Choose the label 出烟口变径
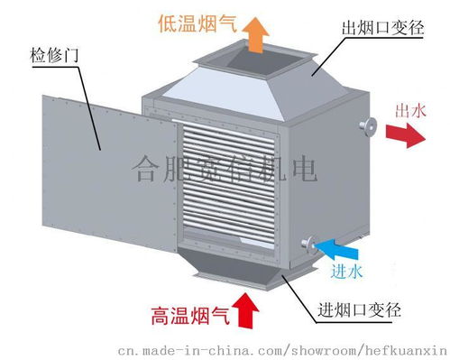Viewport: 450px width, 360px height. (383, 29)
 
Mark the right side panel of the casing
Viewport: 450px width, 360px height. (329, 176)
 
